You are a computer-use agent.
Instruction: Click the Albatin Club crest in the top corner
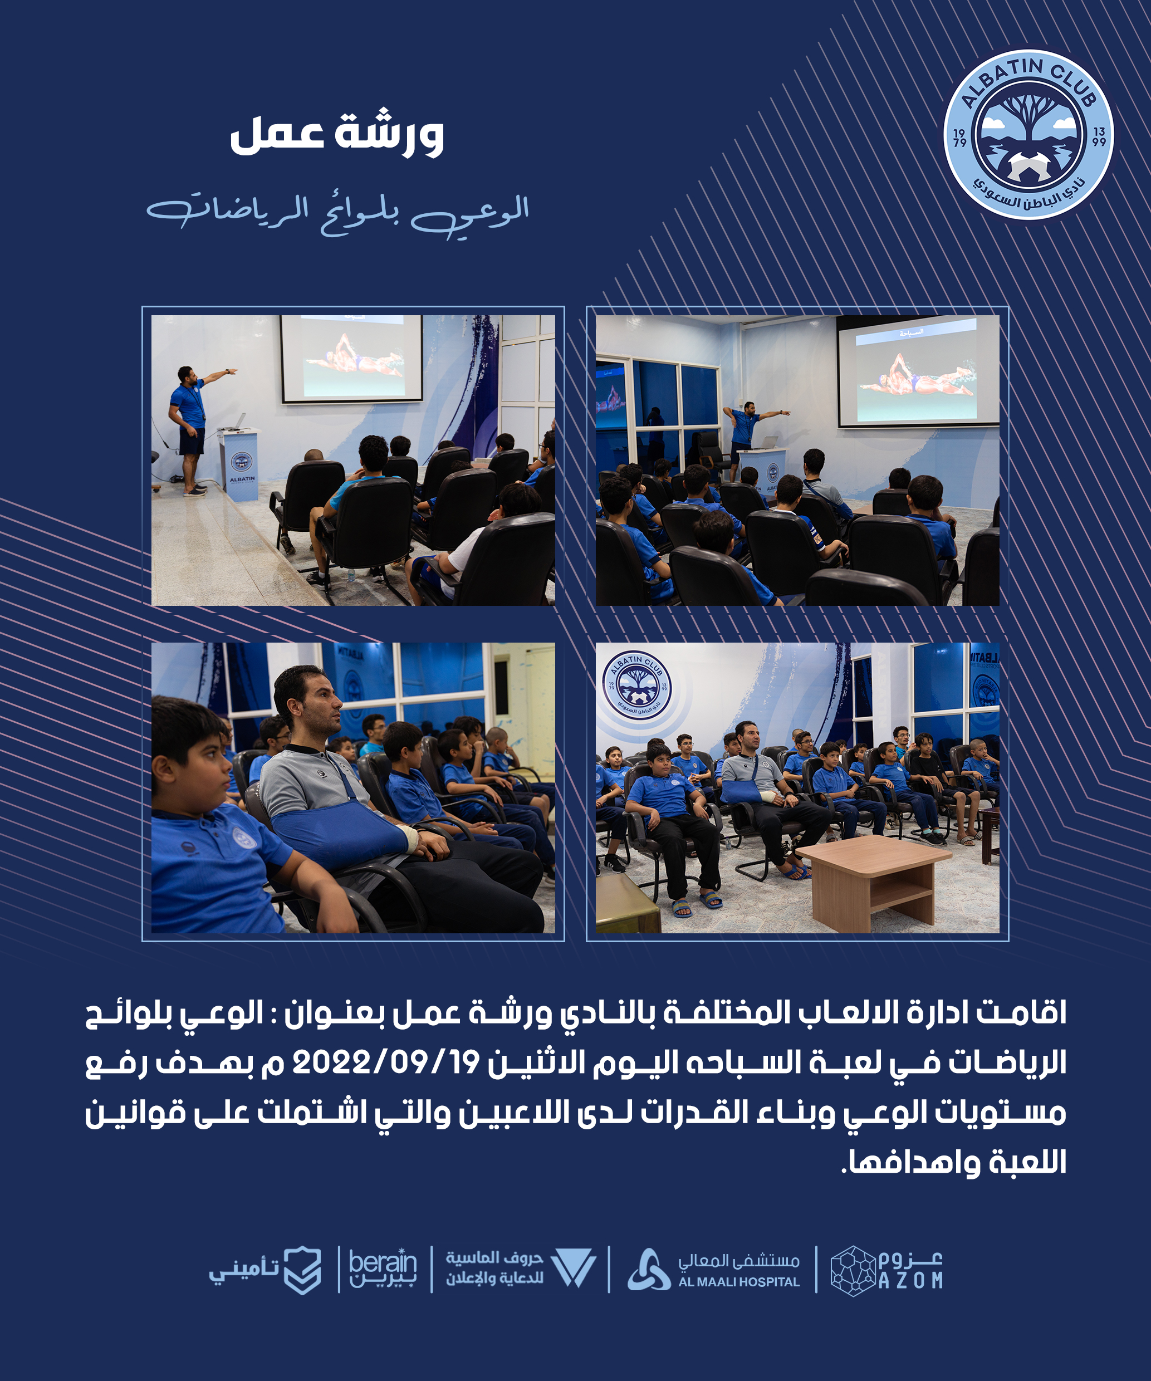(1028, 134)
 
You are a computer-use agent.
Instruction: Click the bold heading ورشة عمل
(337, 134)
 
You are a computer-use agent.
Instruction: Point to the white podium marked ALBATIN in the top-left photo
(240, 464)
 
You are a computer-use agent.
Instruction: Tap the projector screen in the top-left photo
(352, 359)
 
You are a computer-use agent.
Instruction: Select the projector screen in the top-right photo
(918, 371)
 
